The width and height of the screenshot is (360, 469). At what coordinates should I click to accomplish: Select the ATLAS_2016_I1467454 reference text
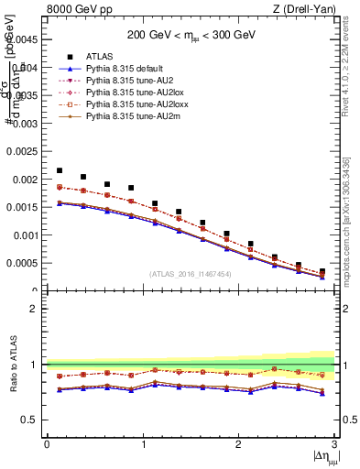[x=191, y=274]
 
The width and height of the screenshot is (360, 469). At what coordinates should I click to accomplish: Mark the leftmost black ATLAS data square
[x=60, y=170]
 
